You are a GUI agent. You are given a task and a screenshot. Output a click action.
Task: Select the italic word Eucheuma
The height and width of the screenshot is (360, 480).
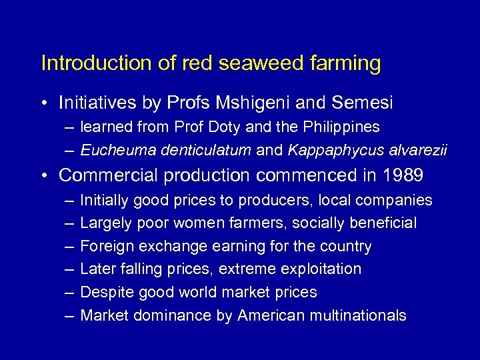point(112,150)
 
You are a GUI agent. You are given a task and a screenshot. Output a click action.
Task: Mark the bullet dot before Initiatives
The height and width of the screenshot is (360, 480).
point(43,103)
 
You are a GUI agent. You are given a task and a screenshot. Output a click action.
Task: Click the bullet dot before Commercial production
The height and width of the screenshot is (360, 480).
point(43,176)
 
